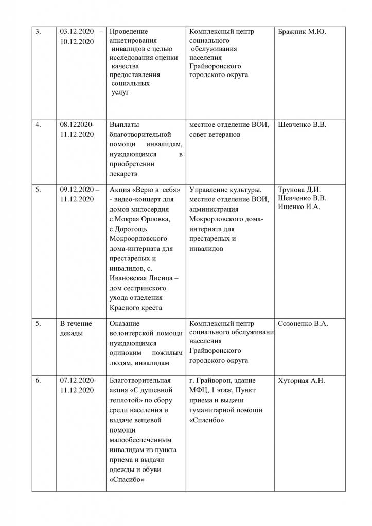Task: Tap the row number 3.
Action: pyautogui.click(x=38, y=32)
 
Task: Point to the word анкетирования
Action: pyautogui.click(x=134, y=41)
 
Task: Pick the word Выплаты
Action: pyautogui.click(x=125, y=124)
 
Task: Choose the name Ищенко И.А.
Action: pyautogui.click(x=299, y=206)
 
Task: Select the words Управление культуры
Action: pyautogui.click(x=225, y=188)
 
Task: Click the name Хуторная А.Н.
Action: pyautogui.click(x=302, y=381)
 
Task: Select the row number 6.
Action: pyautogui.click(x=38, y=381)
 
